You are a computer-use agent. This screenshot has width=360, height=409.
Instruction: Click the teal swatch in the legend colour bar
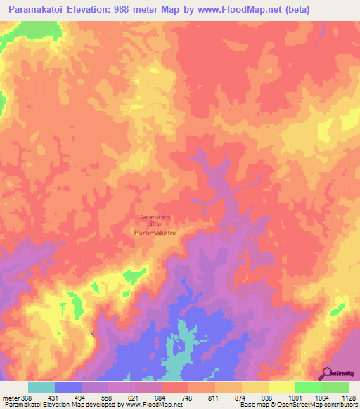41,387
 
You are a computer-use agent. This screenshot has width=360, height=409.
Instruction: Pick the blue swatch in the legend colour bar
68,387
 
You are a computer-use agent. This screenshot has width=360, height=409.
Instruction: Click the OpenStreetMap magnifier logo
327,372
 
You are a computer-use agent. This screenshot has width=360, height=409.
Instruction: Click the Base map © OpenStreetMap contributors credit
298,404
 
